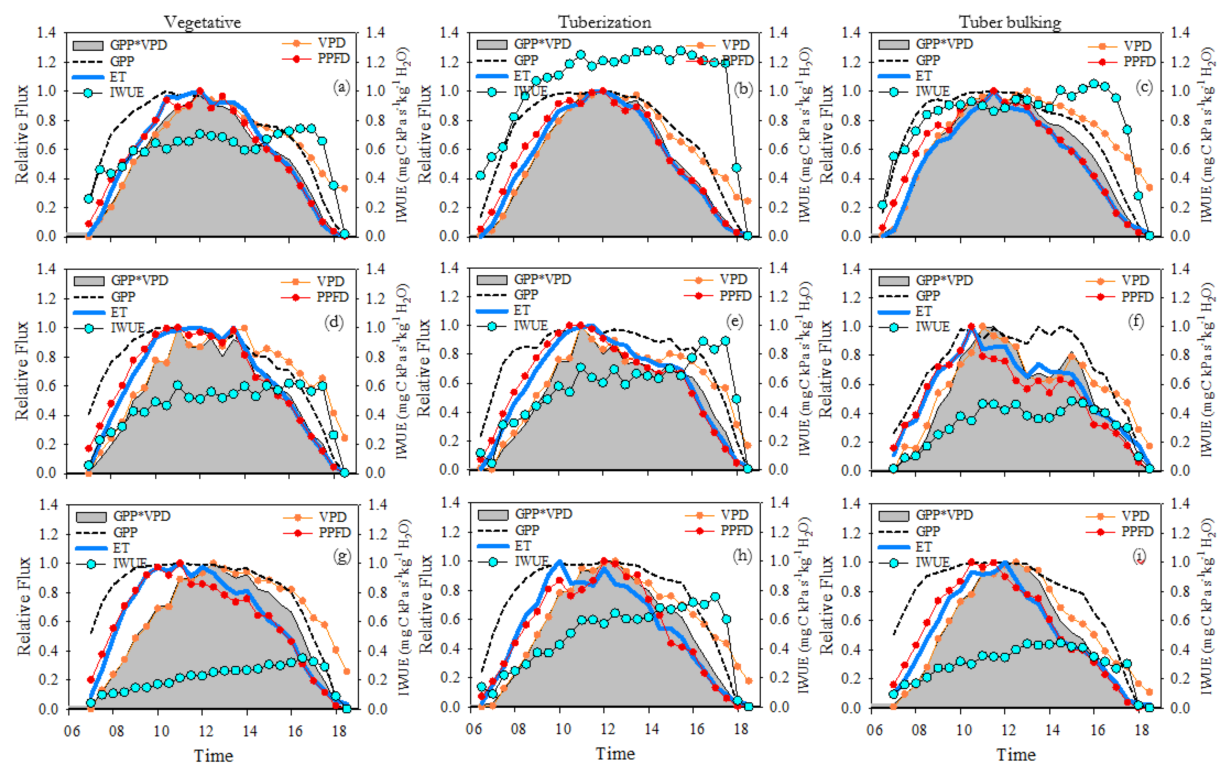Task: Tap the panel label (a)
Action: [341, 88]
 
